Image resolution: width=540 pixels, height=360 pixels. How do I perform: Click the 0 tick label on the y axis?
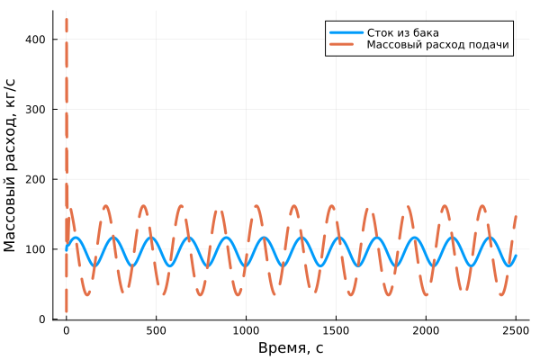tap(43, 319)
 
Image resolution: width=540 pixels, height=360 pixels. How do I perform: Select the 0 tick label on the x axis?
tap(66, 331)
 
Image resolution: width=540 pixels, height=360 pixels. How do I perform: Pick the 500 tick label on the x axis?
tap(156, 331)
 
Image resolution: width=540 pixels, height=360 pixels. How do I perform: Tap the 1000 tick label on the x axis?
tap(246, 331)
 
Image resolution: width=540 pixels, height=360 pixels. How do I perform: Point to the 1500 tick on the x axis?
tap(336, 331)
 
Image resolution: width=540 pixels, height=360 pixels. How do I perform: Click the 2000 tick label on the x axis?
tap(426, 331)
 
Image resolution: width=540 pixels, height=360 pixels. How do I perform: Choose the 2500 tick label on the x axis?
tap(516, 331)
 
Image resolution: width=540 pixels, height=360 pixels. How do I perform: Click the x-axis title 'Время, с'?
tap(291, 348)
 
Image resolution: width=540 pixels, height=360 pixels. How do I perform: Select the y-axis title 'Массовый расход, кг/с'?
tap(12, 166)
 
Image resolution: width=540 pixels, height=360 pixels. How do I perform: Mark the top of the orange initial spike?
tap(66, 19)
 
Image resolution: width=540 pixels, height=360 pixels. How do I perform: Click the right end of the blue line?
tap(516, 256)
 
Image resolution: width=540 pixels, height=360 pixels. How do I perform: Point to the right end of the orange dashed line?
tap(516, 216)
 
